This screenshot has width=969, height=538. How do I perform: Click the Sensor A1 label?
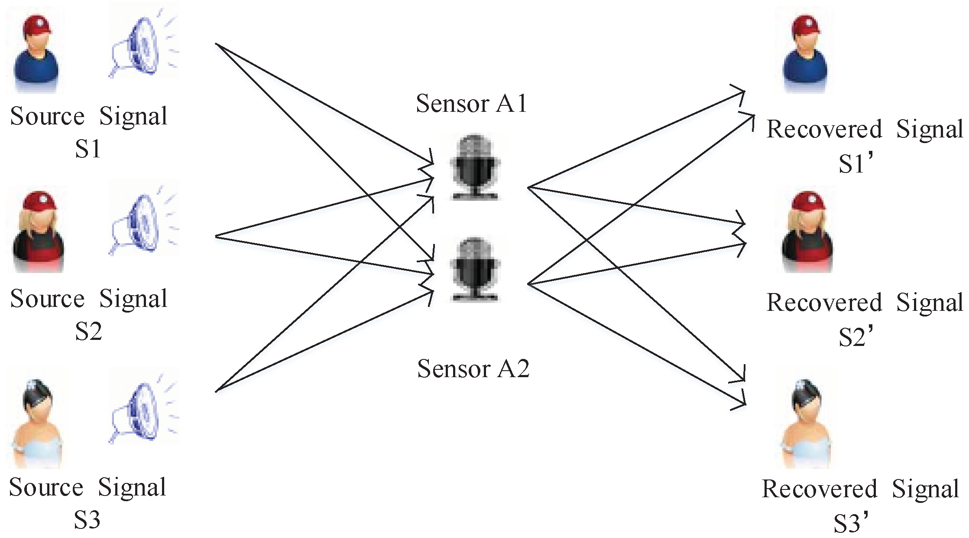tap(471, 104)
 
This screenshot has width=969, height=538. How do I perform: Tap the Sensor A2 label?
tap(473, 369)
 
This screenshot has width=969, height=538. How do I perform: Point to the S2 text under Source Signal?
tap(88, 332)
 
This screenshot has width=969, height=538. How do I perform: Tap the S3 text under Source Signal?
tap(87, 520)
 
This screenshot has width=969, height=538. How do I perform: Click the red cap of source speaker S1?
tap(37, 26)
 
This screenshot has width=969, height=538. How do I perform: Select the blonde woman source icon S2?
tap(38, 232)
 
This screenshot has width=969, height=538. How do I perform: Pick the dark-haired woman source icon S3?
tap(37, 423)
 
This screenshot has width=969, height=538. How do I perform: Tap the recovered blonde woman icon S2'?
tap(807, 232)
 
